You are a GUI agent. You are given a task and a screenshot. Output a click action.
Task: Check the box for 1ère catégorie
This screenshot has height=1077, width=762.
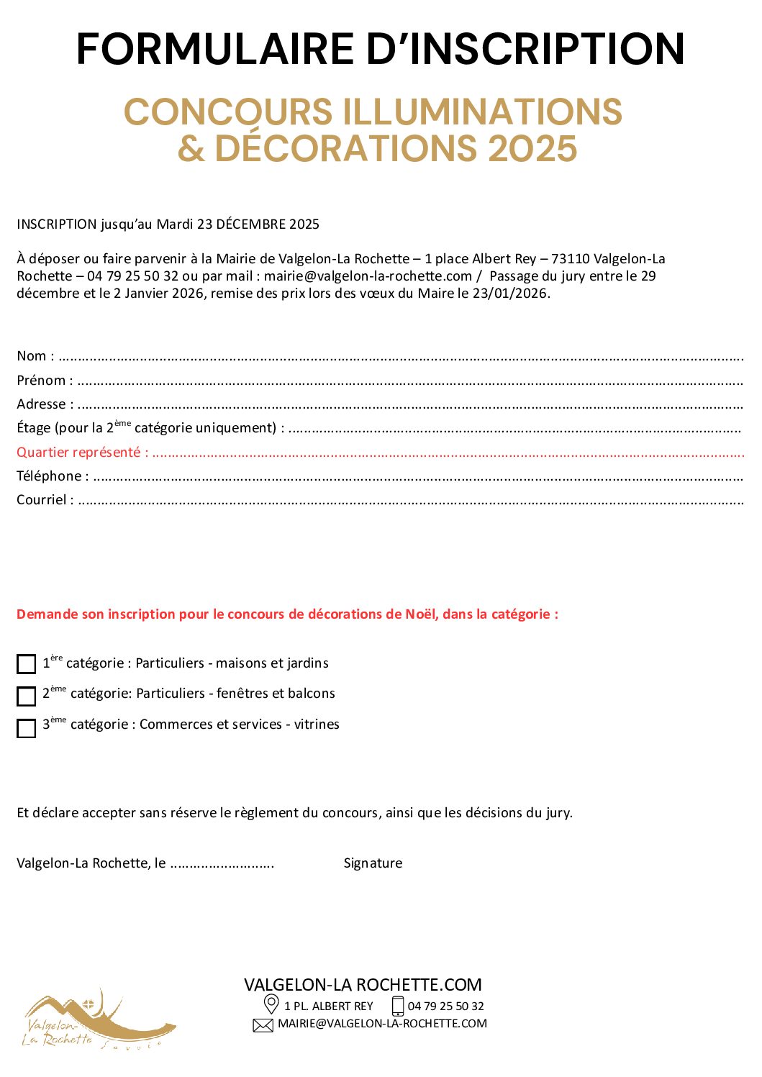tap(27, 663)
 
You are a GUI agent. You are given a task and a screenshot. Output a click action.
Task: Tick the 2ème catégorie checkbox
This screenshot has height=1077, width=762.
tap(27, 696)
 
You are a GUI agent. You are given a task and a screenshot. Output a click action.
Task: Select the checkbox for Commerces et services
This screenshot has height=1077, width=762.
tap(27, 727)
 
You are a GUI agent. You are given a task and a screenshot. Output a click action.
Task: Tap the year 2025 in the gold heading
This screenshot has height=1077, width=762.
tap(532, 148)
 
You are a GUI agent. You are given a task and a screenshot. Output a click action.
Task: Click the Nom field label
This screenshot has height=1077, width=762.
tap(32, 356)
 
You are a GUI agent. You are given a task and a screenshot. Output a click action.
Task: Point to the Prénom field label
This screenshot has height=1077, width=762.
tap(42, 380)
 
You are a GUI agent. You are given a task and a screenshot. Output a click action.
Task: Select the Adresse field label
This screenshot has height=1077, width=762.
tap(42, 404)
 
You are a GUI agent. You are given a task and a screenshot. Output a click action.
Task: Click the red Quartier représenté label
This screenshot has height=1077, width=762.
tap(79, 452)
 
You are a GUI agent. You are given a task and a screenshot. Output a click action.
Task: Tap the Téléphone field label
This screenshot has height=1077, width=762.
tap(50, 476)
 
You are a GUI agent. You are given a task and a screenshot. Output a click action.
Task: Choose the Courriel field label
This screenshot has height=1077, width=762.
tap(42, 499)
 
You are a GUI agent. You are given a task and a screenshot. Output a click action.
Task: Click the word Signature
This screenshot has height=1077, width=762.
tap(373, 863)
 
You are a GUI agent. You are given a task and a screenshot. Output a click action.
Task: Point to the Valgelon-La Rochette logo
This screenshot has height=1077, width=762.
tap(97, 1020)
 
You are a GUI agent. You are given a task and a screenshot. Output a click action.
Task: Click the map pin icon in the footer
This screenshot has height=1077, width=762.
tap(271, 1004)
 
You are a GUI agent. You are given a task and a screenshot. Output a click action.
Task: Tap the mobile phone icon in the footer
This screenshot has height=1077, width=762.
tap(398, 1006)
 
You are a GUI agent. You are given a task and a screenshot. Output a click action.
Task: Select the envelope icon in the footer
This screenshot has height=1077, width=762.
tap(263, 1025)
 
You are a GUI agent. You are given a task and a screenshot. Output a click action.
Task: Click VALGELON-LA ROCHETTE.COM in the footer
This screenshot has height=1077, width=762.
tap(363, 984)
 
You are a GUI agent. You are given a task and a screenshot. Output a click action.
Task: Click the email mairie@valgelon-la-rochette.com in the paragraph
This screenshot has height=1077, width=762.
tap(368, 276)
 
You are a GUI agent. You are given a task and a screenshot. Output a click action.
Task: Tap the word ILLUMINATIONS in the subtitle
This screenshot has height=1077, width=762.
tap(482, 112)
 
